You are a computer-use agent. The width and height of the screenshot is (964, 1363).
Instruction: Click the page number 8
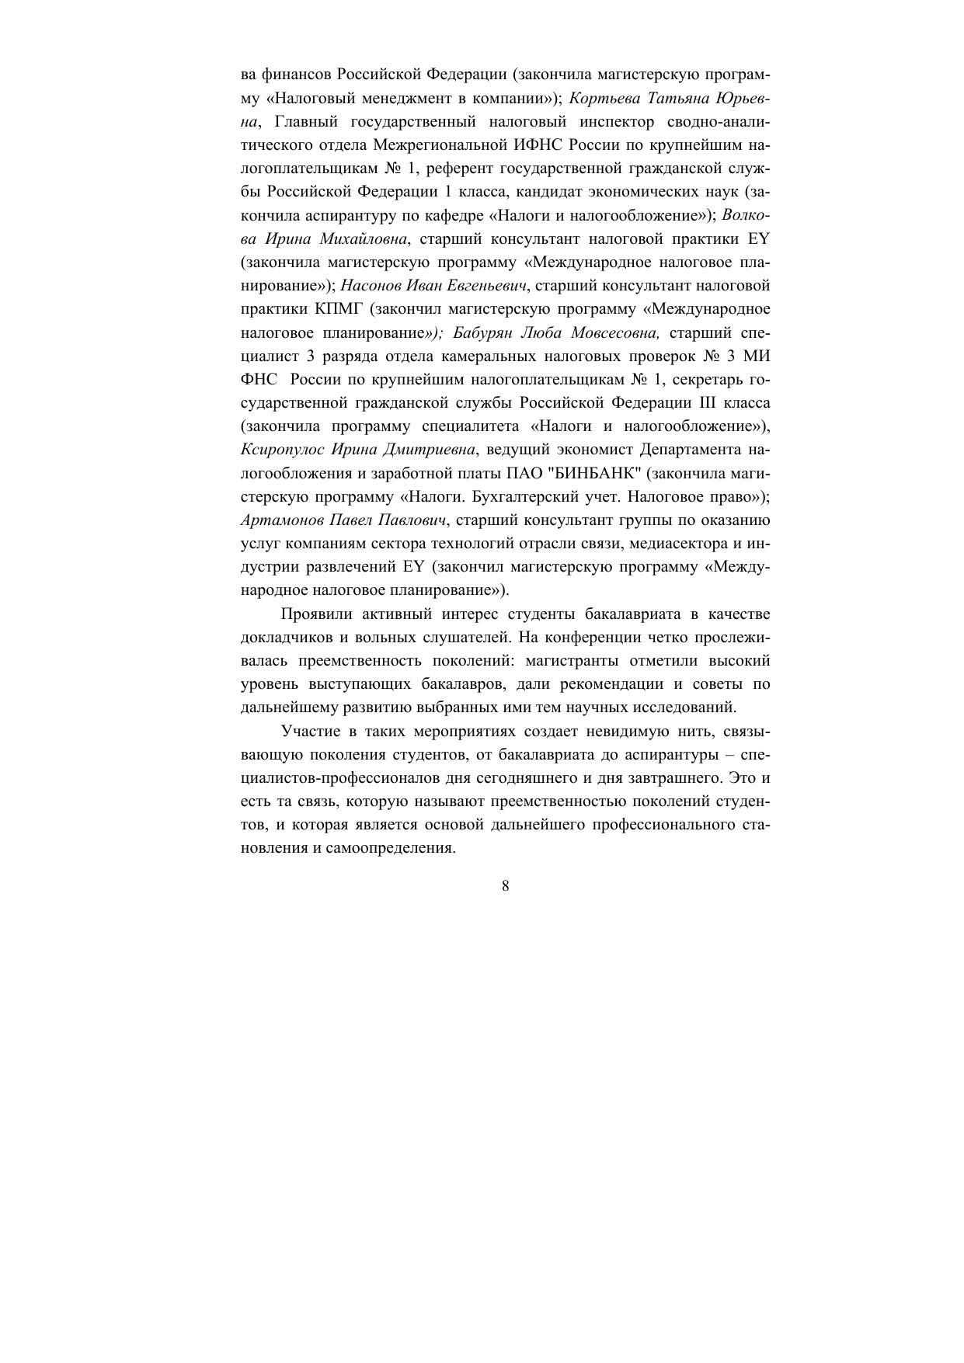pyautogui.click(x=506, y=886)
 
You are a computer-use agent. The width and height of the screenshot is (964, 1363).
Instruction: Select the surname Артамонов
pyautogui.click(x=281, y=520)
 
